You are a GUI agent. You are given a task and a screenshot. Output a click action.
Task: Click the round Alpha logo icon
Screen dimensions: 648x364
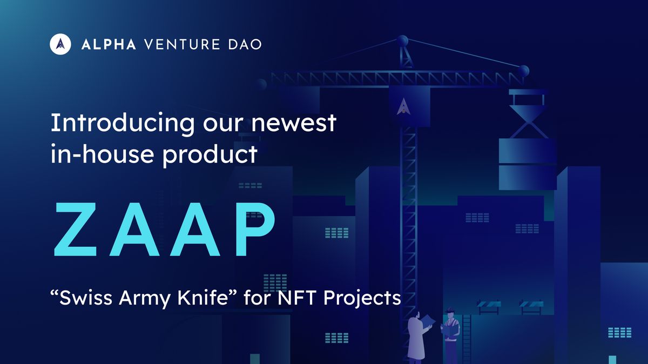pyautogui.click(x=60, y=44)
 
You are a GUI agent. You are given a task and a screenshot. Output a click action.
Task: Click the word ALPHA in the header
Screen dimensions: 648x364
pyautogui.click(x=109, y=45)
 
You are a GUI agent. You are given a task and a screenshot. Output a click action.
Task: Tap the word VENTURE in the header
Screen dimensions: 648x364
pyautogui.click(x=182, y=45)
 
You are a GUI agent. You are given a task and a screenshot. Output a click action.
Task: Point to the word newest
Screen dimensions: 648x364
pyautogui.click(x=294, y=123)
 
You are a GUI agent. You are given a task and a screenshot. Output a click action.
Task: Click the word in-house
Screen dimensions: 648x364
pyautogui.click(x=102, y=153)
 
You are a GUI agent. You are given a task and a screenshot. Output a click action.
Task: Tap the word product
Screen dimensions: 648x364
pyautogui.click(x=210, y=155)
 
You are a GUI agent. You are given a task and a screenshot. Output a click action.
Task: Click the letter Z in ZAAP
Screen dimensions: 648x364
pyautogui.click(x=76, y=229)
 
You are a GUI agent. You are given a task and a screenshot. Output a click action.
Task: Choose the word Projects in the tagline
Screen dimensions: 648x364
pyautogui.click(x=362, y=299)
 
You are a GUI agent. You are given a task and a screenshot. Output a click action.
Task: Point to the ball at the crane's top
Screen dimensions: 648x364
pyautogui.click(x=403, y=41)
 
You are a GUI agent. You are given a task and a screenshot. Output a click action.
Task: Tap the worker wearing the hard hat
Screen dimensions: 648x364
pyautogui.click(x=451, y=335)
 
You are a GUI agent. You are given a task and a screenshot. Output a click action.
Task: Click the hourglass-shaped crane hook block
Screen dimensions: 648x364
pyautogui.click(x=529, y=122)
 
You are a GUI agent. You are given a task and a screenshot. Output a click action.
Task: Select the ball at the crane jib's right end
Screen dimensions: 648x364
pyautogui.click(x=523, y=71)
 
